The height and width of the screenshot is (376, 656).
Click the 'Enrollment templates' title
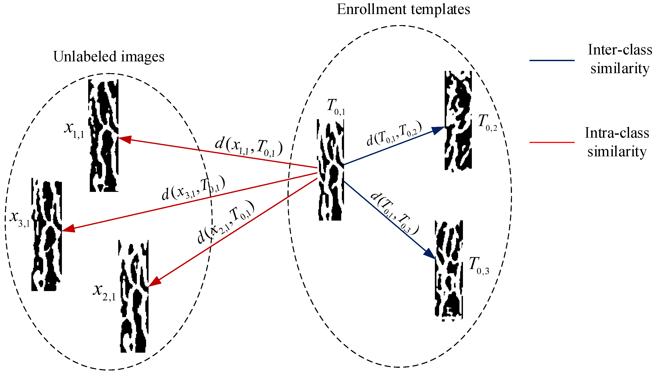point(403,10)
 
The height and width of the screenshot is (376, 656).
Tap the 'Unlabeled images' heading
point(109,57)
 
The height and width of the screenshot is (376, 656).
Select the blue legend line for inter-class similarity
point(552,60)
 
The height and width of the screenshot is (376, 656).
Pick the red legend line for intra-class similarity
point(552,142)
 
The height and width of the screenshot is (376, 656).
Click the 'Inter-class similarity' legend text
point(620,59)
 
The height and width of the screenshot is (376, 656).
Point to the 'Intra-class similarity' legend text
point(617,142)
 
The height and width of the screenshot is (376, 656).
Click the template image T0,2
point(458,121)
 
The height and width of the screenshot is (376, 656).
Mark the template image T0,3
point(449,270)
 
